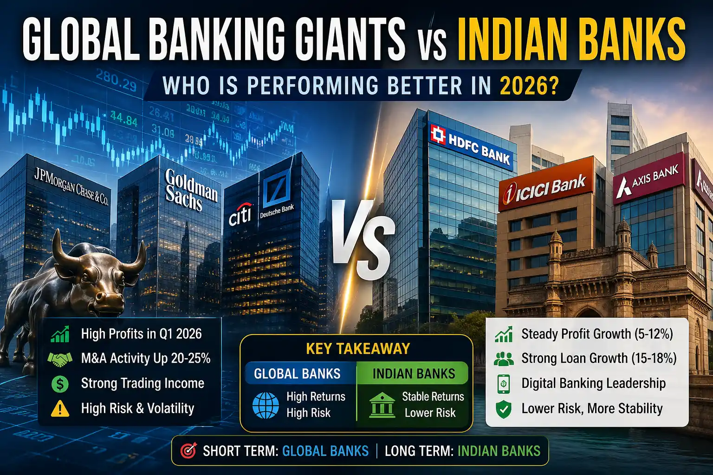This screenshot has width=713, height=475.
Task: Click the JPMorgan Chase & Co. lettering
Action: point(71,186)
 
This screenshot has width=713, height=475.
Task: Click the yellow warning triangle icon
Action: point(60,408)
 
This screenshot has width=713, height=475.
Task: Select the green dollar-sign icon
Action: point(60,384)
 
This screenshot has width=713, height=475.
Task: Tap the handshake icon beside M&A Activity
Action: point(60,359)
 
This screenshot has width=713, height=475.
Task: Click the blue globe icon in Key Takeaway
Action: point(266,405)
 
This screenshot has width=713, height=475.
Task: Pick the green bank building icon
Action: point(382,405)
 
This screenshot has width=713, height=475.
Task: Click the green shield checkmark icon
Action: point(503,409)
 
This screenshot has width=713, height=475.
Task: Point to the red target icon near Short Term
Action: point(188,450)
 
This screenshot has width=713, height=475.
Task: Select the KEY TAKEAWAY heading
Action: point(357,349)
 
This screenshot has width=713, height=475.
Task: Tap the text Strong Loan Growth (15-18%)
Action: point(599,359)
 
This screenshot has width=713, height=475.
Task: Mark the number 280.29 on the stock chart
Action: point(116,82)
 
